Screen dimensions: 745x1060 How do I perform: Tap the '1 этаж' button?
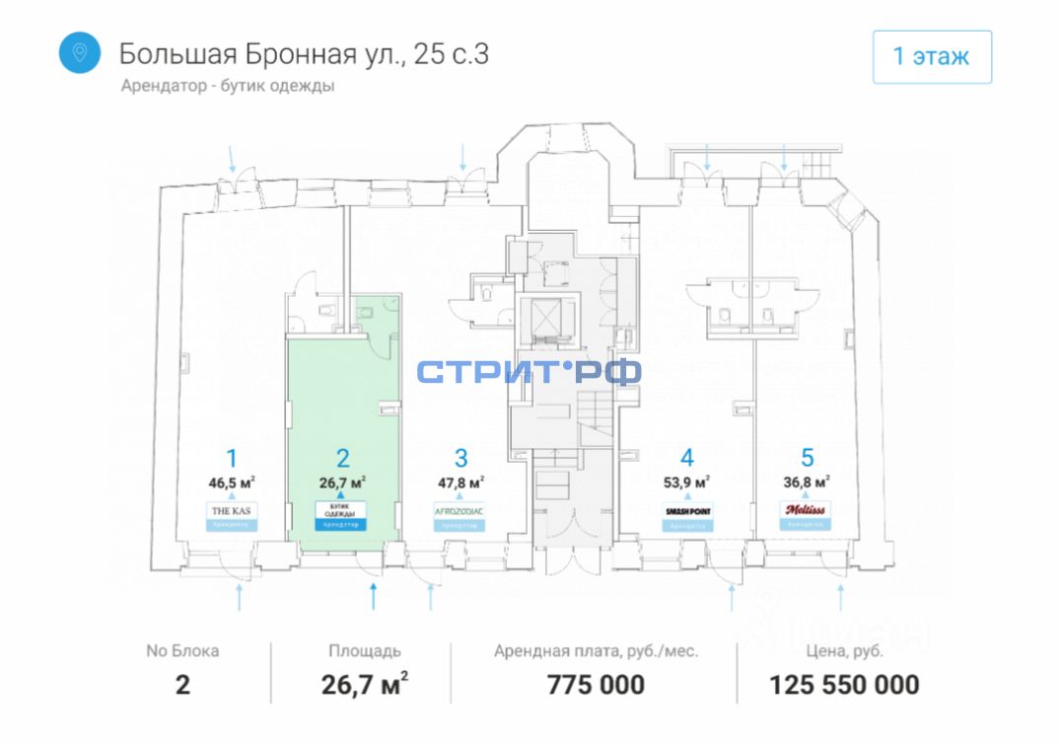click(x=931, y=56)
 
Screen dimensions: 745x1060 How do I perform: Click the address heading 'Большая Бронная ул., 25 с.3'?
click(x=304, y=53)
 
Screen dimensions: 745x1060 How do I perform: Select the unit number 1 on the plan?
click(x=232, y=458)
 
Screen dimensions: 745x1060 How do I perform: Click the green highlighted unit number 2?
click(x=342, y=458)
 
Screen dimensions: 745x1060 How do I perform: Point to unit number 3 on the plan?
click(x=460, y=458)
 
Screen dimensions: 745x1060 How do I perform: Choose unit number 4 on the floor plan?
click(x=687, y=458)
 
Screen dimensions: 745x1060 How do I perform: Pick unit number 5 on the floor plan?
click(x=808, y=458)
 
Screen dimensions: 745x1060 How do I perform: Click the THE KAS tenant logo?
click(x=232, y=510)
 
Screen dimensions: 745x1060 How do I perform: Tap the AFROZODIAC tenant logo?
click(x=460, y=510)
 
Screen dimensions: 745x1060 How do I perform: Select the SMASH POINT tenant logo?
click(x=687, y=510)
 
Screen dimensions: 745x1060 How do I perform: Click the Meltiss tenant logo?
click(x=808, y=509)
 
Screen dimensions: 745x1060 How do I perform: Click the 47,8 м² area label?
click(x=460, y=483)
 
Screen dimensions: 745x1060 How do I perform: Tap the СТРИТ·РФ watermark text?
click(x=529, y=372)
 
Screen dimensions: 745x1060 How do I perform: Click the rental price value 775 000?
click(x=596, y=684)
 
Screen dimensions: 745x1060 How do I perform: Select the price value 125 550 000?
click(x=844, y=684)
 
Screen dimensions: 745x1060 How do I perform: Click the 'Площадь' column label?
click(x=365, y=651)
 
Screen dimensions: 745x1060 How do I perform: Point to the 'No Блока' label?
click(x=182, y=651)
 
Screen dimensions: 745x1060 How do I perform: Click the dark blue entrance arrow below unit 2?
click(x=373, y=595)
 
